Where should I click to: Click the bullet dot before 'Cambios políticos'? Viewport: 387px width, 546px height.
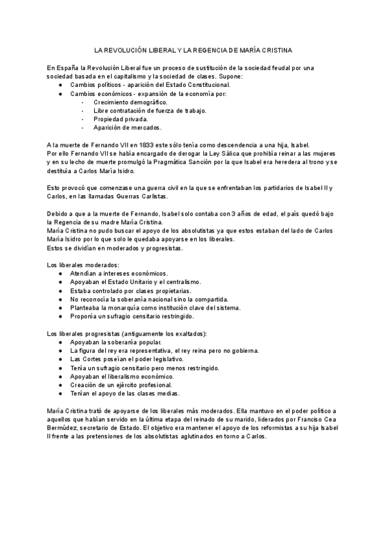[60, 85]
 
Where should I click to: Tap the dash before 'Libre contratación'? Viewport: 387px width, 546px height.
[83, 111]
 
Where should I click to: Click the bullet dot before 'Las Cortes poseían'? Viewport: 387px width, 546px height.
[60, 359]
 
